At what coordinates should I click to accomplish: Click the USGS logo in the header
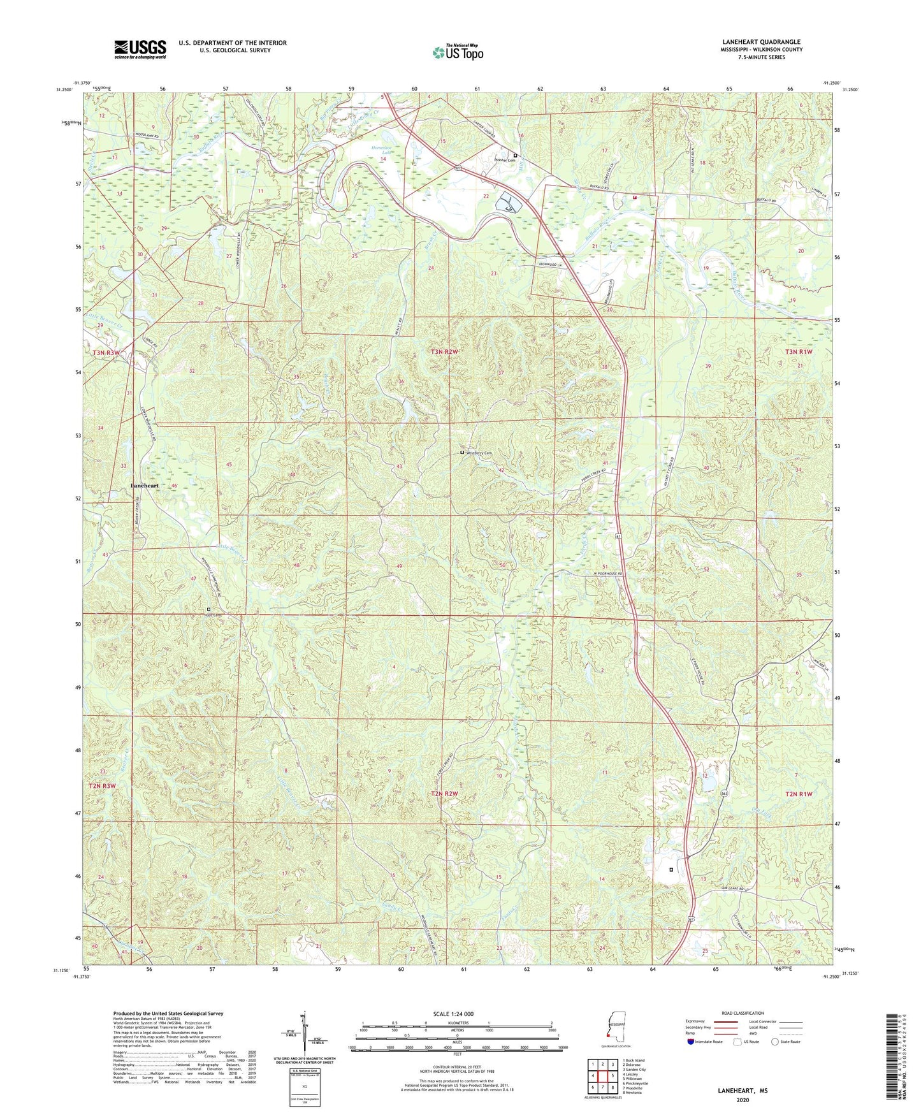click(140, 48)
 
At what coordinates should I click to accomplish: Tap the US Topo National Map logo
click(458, 52)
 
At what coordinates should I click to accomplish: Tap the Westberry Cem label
click(479, 453)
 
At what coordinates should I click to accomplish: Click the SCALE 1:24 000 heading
click(453, 1014)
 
